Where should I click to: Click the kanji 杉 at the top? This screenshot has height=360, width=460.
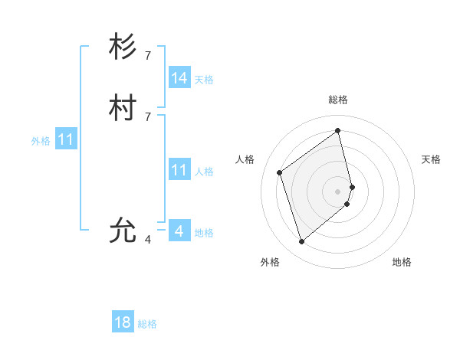click(123, 47)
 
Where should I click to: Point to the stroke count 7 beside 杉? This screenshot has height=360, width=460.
click(148, 55)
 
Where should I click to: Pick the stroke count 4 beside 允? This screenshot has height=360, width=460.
click(148, 239)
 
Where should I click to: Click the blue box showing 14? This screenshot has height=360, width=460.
click(179, 78)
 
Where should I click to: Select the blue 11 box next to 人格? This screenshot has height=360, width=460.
click(179, 170)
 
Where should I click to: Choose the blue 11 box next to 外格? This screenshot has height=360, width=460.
click(66, 140)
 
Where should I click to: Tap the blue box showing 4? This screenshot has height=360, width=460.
click(179, 231)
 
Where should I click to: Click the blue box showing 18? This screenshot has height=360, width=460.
click(123, 322)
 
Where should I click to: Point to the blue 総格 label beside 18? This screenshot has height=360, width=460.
click(147, 324)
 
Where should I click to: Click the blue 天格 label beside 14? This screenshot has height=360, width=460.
click(204, 80)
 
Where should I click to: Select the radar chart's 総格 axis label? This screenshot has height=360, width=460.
click(338, 100)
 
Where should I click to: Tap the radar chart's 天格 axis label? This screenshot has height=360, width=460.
click(431, 159)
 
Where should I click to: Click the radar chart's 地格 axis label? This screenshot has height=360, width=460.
click(402, 262)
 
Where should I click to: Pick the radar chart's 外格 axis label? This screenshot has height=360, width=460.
click(270, 262)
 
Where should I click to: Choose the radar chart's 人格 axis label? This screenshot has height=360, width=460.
click(245, 159)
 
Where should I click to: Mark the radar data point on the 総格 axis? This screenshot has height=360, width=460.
click(338, 130)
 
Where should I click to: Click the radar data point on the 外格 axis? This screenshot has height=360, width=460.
click(301, 242)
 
